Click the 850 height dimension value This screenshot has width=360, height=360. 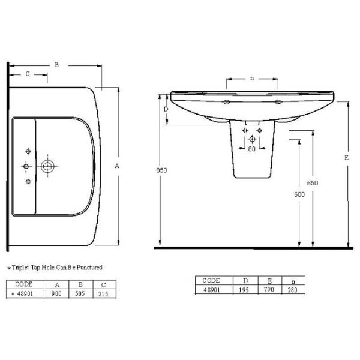point(161,170)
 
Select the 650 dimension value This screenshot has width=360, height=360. point(313,183)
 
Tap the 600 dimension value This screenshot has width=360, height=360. point(299,194)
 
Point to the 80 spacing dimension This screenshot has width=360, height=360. point(251,149)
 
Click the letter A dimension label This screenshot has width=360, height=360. point(117,166)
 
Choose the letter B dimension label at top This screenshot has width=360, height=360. point(57,65)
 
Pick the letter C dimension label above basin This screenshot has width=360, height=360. point(28,74)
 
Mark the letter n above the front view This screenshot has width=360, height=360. point(252,79)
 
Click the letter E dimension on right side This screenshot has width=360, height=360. point(346,158)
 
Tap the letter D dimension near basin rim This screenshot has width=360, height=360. point(166,109)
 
